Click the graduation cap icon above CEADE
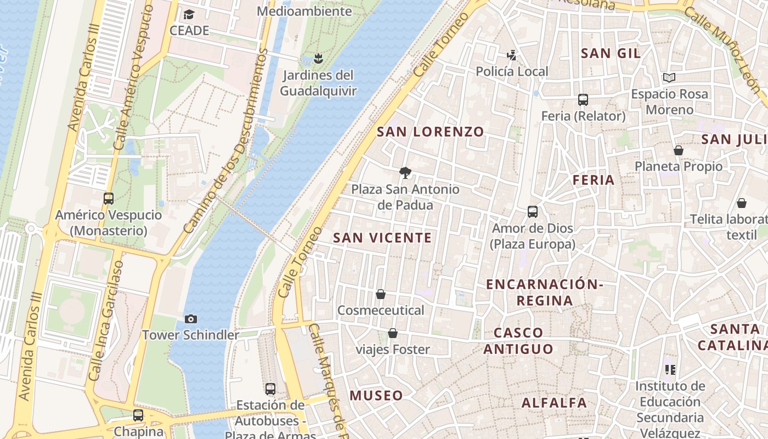(189, 15)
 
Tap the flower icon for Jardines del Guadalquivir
(318, 58)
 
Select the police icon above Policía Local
(511, 55)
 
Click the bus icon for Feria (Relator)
(583, 100)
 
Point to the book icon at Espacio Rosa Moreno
(669, 78)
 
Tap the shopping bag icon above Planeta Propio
(679, 150)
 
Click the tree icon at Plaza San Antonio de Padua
(405, 173)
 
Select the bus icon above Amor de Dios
(532, 212)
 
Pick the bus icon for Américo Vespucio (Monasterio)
(109, 199)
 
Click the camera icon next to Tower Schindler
(191, 319)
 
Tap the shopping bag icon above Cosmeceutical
(381, 295)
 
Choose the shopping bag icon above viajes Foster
(393, 333)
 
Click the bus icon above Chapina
(138, 415)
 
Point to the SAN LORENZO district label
(431, 132)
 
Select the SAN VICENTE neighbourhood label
(382, 238)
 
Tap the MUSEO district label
(376, 395)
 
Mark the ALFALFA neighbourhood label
(554, 403)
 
